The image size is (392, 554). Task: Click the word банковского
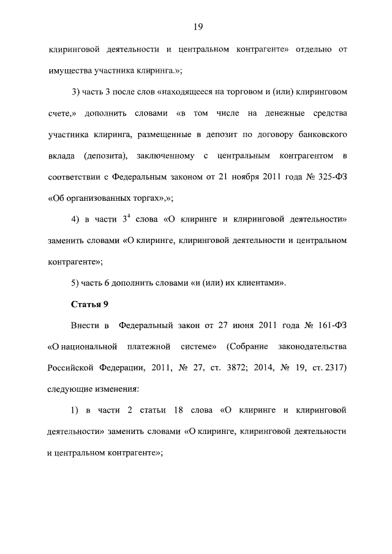pos(320,135)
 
